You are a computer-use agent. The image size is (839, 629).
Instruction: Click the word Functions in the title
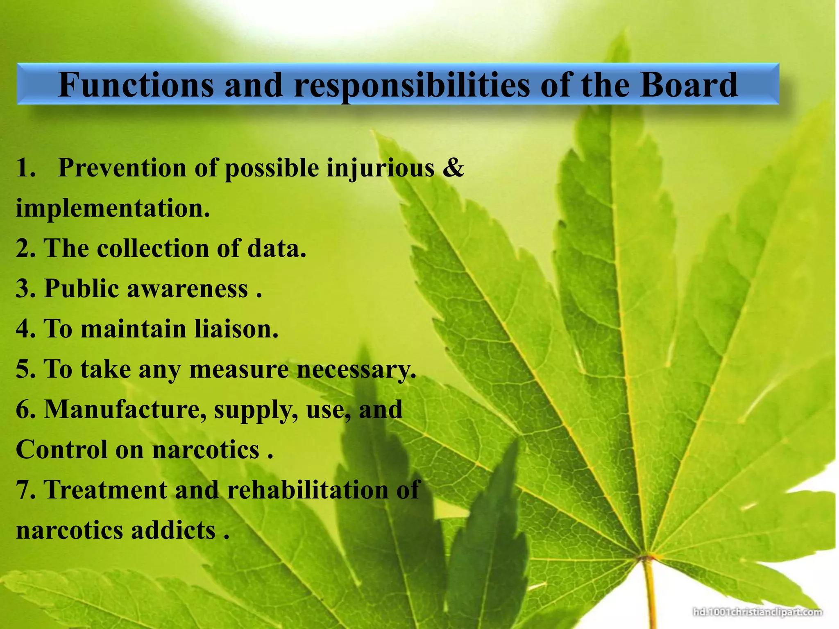click(x=136, y=85)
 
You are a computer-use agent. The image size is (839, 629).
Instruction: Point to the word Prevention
click(x=122, y=167)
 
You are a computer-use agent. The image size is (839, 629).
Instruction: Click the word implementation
click(x=113, y=208)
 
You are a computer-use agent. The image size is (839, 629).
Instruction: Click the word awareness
click(x=187, y=289)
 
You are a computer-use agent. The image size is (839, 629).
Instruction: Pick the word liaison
click(x=236, y=329)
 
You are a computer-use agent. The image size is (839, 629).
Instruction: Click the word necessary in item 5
click(x=356, y=369)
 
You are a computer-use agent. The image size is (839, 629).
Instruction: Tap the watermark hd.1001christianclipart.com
click(x=757, y=612)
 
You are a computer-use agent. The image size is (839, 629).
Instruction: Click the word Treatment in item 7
click(x=106, y=490)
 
